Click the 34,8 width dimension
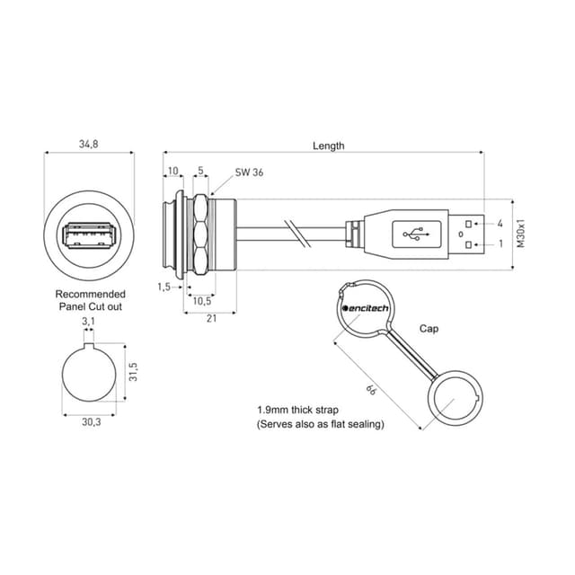coord(89,144)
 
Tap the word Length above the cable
coord(329,146)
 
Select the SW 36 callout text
coord(249,172)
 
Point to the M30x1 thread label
coord(521,234)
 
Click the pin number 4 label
coord(500,224)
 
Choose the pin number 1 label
coord(501,243)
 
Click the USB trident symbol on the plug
coord(416,234)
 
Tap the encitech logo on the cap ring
coord(366,308)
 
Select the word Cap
coord(429,329)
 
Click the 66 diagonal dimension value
coord(371,390)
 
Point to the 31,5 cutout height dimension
coord(133,372)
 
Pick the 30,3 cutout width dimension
coord(92,422)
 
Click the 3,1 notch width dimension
coord(88,322)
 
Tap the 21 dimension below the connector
coord(212,318)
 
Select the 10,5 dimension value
coord(202,301)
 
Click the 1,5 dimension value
coord(164,287)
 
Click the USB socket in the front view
coord(89,235)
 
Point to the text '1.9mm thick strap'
coord(297,410)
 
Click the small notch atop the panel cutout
coord(89,345)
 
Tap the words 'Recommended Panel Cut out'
coord(90,300)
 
